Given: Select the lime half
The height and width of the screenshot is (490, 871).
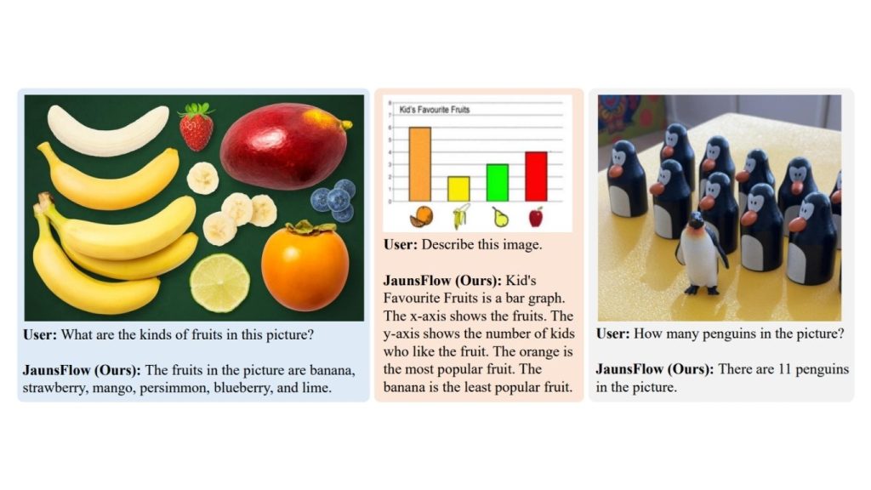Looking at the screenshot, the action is pyautogui.click(x=220, y=282).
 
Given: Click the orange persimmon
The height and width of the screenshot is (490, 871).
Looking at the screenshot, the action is pyautogui.click(x=305, y=265).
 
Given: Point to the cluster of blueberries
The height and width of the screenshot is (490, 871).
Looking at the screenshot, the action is pyautogui.click(x=333, y=200).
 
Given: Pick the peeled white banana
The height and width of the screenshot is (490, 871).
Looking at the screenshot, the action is pyautogui.click(x=108, y=130).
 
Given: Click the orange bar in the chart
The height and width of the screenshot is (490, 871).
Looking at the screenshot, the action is pyautogui.click(x=420, y=164).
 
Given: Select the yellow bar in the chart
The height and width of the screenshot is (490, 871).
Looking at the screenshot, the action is pyautogui.click(x=458, y=189).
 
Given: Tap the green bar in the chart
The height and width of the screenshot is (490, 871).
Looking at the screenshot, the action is pyautogui.click(x=497, y=183).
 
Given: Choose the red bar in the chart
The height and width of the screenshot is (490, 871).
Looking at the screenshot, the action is pyautogui.click(x=536, y=177).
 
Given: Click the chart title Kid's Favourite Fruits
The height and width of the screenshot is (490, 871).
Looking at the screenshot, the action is pyautogui.click(x=435, y=110).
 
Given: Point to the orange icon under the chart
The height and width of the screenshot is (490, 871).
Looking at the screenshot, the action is pyautogui.click(x=421, y=217).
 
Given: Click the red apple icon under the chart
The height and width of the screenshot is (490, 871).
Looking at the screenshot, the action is pyautogui.click(x=536, y=217).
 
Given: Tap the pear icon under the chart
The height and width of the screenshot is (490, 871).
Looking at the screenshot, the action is pyautogui.click(x=500, y=217).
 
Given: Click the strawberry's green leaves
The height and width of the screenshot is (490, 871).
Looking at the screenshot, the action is pyautogui.click(x=197, y=109).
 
